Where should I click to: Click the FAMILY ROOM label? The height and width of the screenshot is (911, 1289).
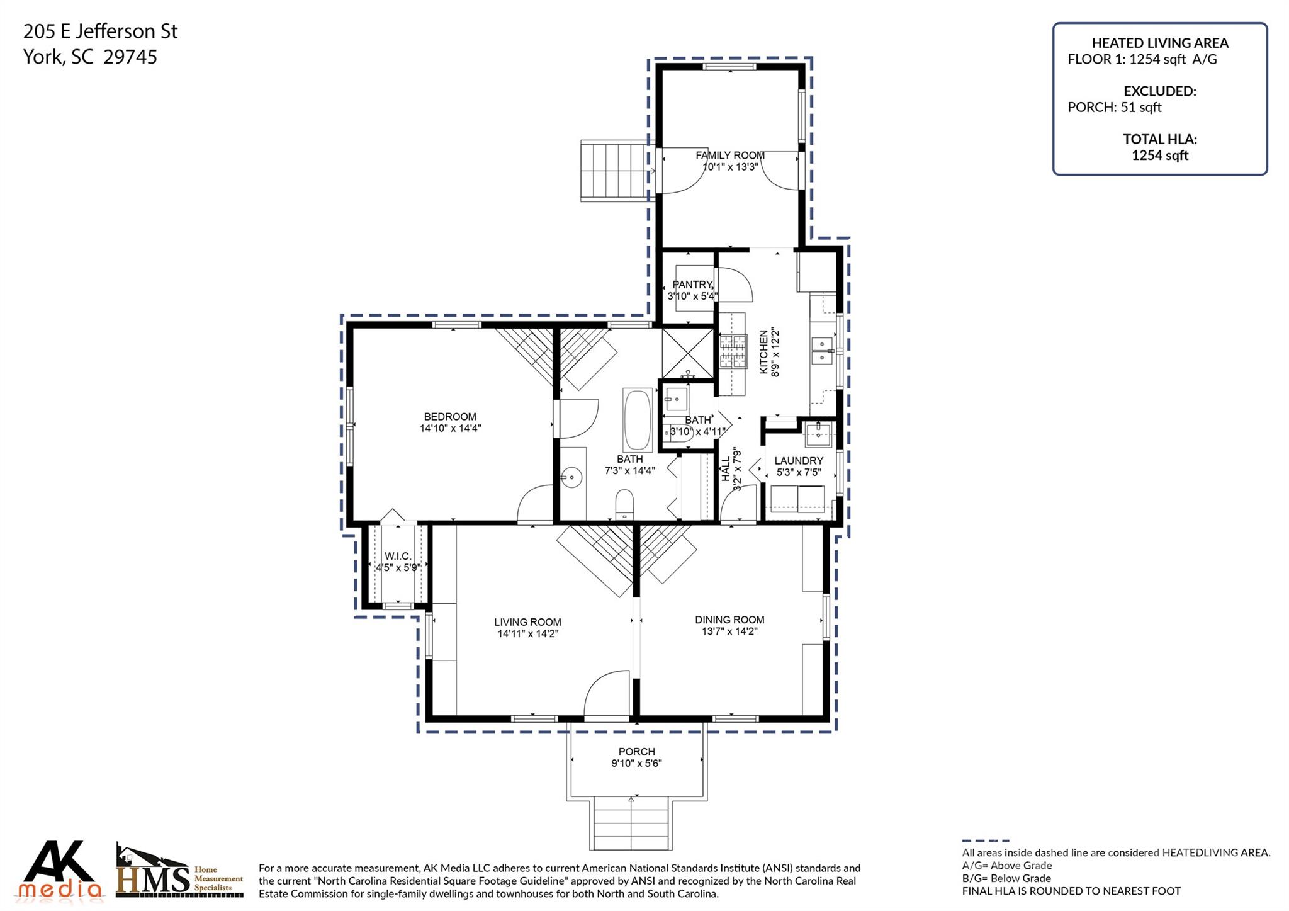[x=730, y=156]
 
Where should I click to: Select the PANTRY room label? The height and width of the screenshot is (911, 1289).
[x=692, y=285]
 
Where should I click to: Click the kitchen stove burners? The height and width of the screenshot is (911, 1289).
[x=733, y=351]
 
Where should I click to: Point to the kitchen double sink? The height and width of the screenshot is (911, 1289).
[x=821, y=351]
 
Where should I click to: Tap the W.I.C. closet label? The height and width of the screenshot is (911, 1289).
[x=398, y=556]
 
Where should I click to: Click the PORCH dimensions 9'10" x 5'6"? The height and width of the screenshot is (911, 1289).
[x=636, y=764]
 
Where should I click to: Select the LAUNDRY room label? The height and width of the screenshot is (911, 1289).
[x=799, y=461]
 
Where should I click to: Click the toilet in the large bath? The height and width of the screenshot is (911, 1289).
[x=624, y=504]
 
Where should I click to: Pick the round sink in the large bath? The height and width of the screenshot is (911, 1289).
[x=571, y=478]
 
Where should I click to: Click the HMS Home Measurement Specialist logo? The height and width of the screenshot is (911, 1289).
[x=179, y=872]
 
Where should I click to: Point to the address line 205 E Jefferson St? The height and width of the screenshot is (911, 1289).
[x=101, y=31]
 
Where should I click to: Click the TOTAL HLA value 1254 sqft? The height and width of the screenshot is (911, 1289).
[x=1160, y=156]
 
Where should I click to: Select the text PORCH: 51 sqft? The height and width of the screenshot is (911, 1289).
[x=1115, y=107]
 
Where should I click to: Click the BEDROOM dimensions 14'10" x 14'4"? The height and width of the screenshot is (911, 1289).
[x=450, y=428]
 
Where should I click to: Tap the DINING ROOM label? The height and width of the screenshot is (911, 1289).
[x=729, y=620]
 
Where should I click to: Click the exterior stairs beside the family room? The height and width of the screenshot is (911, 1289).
[x=614, y=171]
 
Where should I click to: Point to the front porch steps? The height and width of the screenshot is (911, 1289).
[x=631, y=823]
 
